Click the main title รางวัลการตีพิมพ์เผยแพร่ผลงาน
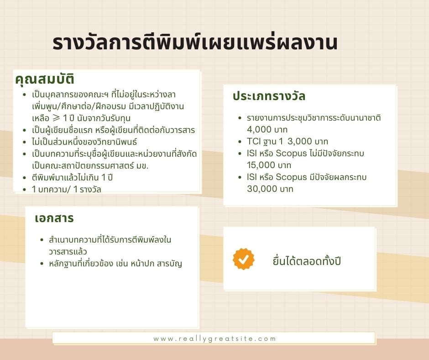[195, 42]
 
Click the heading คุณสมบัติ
[45, 79]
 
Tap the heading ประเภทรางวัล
[269, 96]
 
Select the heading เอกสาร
[54, 218]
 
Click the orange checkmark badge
[244, 259]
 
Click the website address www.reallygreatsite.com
[214, 339]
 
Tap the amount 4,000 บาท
[267, 130]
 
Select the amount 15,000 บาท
[269, 165]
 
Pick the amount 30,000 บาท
[270, 189]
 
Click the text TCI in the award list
[254, 141]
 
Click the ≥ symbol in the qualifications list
[56, 118]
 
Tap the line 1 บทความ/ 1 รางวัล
[67, 189]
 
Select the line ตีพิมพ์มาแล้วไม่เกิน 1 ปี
[72, 178]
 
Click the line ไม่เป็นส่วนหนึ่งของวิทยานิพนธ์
[84, 142]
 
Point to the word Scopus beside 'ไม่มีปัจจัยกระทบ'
[291, 153]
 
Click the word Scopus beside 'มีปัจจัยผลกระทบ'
[291, 177]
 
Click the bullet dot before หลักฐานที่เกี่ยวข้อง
[42, 264]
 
